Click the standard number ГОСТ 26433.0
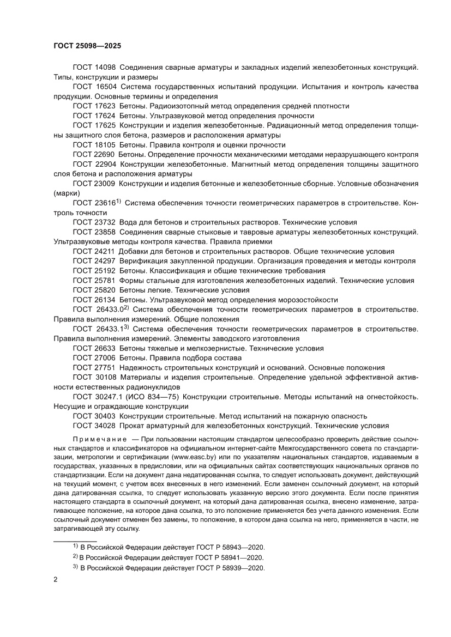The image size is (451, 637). (98, 310)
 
